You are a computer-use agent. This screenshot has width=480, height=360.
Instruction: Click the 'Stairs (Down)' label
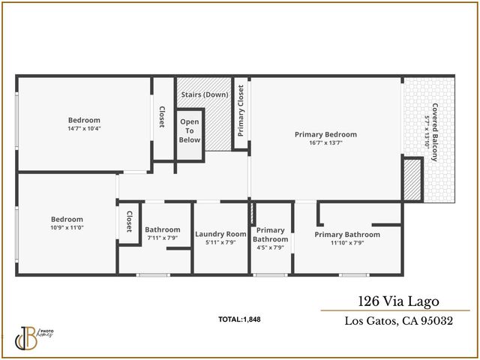[205, 95]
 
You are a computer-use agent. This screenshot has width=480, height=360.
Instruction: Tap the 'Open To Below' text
[190, 131]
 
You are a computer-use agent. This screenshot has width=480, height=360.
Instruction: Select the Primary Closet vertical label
[241, 111]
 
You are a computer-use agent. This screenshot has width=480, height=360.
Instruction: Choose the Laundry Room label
[220, 234]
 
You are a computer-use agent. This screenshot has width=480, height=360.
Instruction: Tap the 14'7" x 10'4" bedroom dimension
[84, 128]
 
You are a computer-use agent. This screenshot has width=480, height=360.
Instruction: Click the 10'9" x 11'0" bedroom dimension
[67, 227]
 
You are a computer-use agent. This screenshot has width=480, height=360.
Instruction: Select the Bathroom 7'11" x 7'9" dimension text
[162, 238]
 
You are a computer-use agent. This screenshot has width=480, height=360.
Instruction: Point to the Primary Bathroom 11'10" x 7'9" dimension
[347, 242]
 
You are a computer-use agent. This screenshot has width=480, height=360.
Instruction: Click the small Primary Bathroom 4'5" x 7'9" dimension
[270, 247]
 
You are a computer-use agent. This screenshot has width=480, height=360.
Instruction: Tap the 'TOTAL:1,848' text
[239, 319]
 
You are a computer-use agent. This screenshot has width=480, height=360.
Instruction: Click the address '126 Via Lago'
[395, 301]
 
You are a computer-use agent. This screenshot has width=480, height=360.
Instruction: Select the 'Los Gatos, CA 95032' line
[398, 322]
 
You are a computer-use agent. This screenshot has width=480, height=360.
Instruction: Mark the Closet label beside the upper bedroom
[162, 117]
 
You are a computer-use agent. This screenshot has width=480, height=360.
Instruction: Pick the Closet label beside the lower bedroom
[129, 220]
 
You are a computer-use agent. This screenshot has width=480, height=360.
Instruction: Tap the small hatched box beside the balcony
[412, 181]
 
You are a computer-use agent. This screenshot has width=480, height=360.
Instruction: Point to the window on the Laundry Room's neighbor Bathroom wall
[152, 275]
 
